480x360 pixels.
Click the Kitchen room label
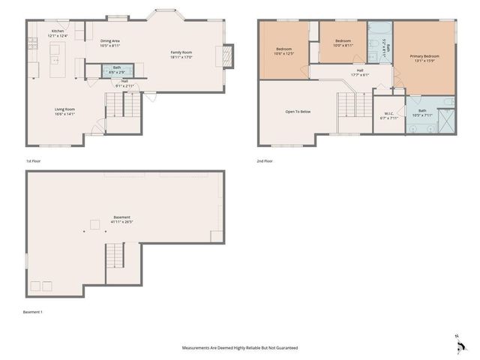pyautogui.click(x=58, y=33)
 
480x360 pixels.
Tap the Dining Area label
pyautogui.click(x=110, y=43)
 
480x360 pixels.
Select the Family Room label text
pyautogui.click(x=181, y=54)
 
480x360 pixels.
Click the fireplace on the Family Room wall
pyautogui.click(x=222, y=57)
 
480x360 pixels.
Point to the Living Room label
pyautogui.click(x=64, y=111)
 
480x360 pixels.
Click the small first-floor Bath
pyautogui.click(x=117, y=70)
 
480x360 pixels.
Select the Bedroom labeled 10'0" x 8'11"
pyautogui.click(x=343, y=43)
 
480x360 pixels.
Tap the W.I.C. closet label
pyautogui.click(x=389, y=115)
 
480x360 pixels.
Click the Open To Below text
pyautogui.click(x=298, y=111)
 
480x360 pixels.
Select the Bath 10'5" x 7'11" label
pyautogui.click(x=422, y=113)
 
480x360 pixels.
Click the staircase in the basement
pyautogui.click(x=115, y=256)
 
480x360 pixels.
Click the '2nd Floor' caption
pyautogui.click(x=265, y=160)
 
